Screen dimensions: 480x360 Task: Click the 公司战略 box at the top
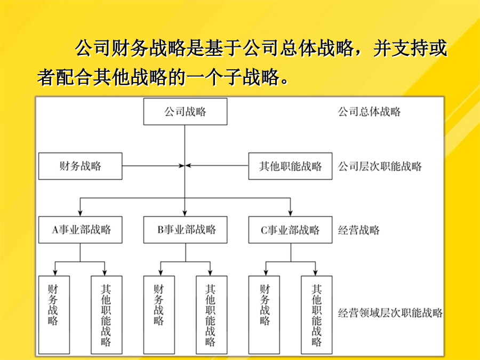click(185, 111)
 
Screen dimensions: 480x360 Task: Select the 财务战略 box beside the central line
click(80, 166)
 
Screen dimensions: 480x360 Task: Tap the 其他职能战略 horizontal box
click(290, 166)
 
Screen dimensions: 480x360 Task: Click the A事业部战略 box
click(80, 229)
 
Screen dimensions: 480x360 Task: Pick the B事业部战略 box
click(185, 229)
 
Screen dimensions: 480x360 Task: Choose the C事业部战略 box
click(290, 229)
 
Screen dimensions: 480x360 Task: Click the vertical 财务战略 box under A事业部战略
click(54, 315)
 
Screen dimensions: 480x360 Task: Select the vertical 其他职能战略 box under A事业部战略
click(107, 315)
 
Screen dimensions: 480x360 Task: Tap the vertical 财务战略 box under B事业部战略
click(159, 315)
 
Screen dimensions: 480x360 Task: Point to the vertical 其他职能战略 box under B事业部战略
click(212, 315)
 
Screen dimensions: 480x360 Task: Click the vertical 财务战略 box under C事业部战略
click(264, 315)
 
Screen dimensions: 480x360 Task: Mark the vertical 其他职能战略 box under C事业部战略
click(316, 315)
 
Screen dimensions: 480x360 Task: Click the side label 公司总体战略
click(369, 111)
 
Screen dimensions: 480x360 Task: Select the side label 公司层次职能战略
click(380, 166)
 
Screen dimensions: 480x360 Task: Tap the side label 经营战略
click(359, 230)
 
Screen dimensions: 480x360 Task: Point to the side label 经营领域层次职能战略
click(390, 313)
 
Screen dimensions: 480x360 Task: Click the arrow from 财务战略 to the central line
click(153, 166)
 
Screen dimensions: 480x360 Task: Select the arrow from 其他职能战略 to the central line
click(217, 166)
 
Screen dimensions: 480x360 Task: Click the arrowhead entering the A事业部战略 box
click(80, 213)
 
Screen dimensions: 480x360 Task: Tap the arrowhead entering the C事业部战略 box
click(290, 213)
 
